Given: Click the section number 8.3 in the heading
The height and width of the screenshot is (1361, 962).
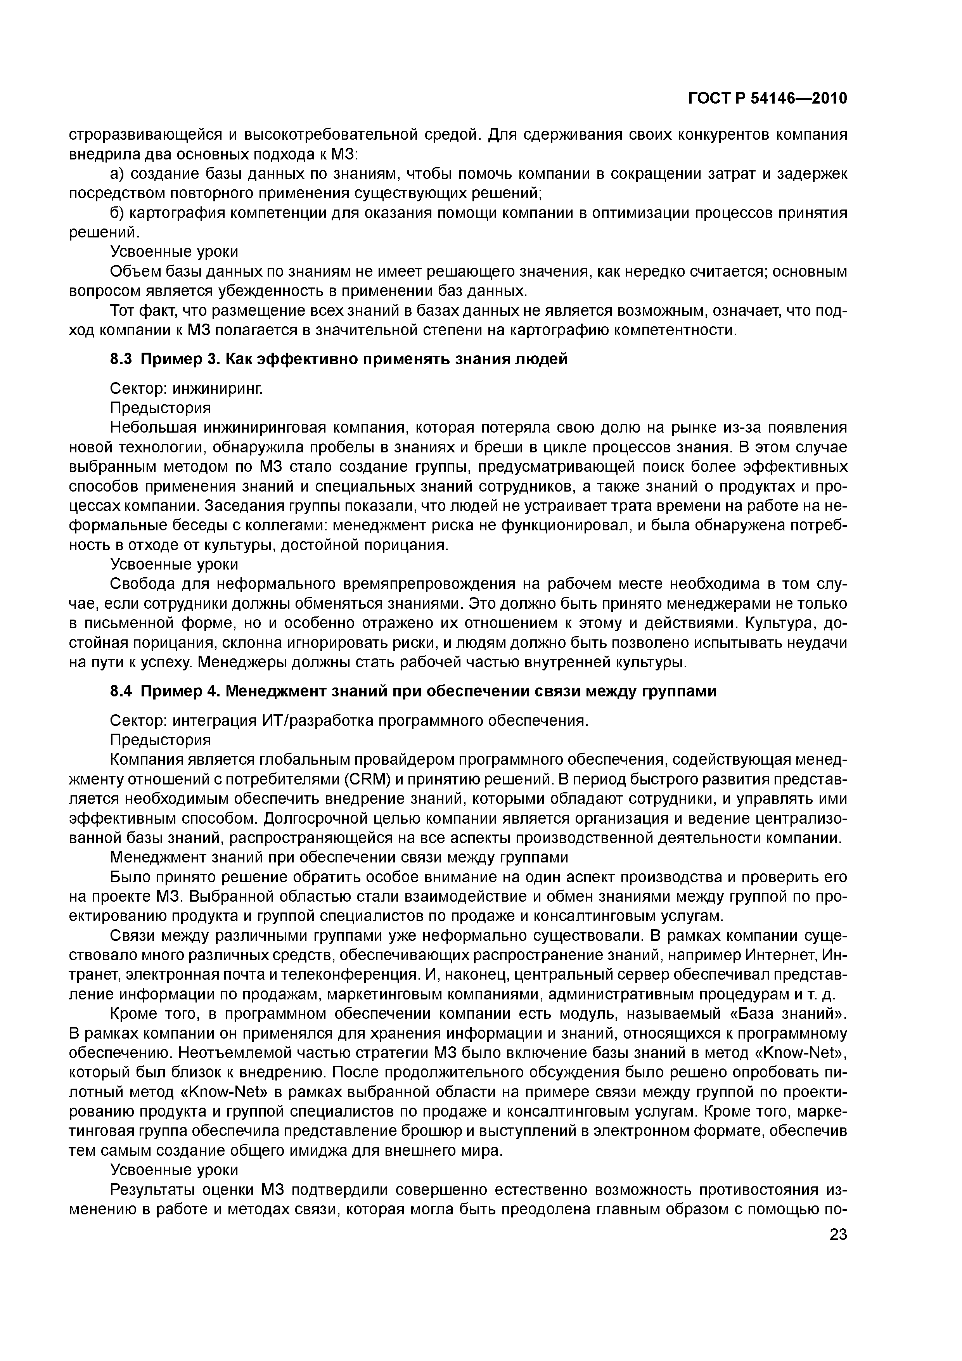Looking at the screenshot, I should coord(121,359).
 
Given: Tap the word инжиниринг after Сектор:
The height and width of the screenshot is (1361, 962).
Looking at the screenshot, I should coord(217,389).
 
